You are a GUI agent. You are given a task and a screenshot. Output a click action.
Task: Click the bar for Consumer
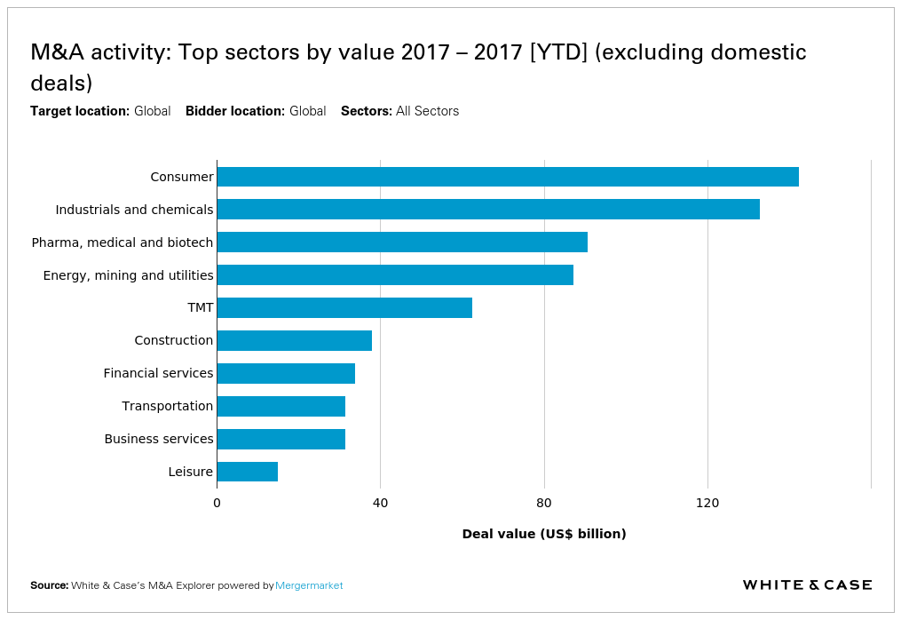(507, 177)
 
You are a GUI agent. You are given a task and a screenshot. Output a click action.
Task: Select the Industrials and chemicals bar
(487, 210)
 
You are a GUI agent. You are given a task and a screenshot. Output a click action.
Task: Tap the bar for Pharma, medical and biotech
(401, 242)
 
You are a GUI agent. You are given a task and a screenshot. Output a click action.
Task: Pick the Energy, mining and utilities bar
(394, 275)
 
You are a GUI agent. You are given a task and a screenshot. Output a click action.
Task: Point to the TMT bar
(344, 308)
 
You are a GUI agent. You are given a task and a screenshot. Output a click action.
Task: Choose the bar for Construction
(294, 341)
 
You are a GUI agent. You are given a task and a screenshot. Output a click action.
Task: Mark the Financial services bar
(285, 373)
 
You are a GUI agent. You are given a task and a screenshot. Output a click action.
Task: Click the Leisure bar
(247, 472)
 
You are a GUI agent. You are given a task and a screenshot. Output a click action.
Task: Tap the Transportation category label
(168, 406)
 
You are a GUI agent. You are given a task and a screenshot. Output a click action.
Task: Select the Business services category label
(159, 439)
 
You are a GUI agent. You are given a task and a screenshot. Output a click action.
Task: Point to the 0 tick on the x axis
(217, 504)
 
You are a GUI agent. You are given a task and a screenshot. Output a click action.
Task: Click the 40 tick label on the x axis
(380, 504)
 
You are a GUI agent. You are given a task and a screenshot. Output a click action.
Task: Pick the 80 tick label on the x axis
(544, 504)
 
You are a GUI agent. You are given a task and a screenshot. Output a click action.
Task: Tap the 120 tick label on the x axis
(707, 504)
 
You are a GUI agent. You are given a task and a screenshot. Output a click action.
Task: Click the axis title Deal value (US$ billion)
(544, 534)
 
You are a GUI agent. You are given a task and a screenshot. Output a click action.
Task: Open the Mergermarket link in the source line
(309, 585)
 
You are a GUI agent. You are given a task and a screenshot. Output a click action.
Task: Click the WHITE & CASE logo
(807, 584)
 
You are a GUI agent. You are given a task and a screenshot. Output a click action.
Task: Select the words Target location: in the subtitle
(80, 111)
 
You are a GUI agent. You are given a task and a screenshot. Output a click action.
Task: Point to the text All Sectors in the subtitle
(427, 111)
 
